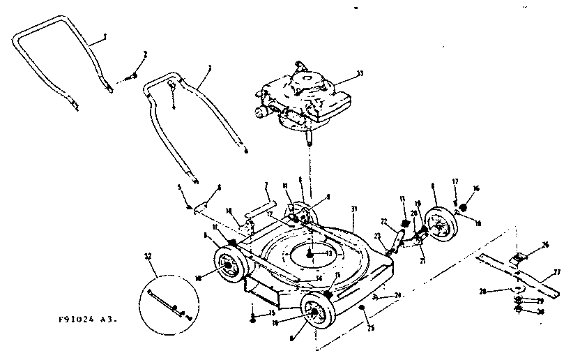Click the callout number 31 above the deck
pos(354,209)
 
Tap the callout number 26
pos(546,244)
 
